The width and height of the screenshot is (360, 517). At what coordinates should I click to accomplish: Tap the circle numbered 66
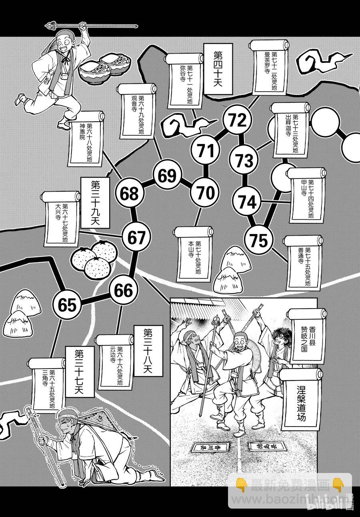click(123, 291)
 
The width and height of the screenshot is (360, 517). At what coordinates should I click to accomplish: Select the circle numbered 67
click(137, 238)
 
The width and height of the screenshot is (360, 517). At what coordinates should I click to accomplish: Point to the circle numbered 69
click(167, 176)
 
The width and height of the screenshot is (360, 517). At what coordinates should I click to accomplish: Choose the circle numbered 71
click(206, 151)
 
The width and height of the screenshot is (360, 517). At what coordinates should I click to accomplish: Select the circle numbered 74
click(247, 202)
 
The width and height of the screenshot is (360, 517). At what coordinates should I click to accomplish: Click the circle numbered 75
click(258, 240)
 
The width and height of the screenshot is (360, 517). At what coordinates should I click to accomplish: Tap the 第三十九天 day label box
click(95, 204)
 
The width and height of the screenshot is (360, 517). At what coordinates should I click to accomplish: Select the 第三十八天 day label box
click(148, 351)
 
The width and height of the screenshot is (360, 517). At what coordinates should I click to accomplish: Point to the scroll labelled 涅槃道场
click(301, 398)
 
